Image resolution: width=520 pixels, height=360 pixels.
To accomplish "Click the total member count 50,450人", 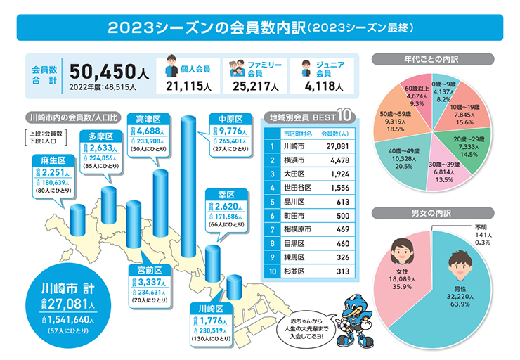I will [x=109, y=72].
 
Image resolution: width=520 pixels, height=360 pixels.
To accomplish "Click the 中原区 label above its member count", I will [x=230, y=118].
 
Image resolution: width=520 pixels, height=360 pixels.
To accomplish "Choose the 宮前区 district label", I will [x=149, y=270].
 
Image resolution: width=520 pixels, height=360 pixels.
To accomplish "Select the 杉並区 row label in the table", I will [x=292, y=270].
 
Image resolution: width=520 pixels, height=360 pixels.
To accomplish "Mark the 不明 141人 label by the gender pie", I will [x=481, y=234].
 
